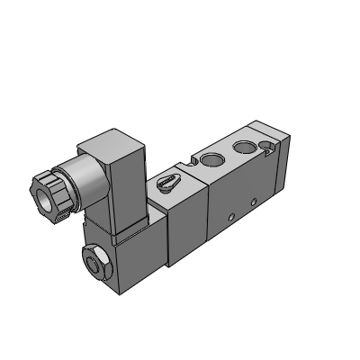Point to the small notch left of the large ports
pos(192,163)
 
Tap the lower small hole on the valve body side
pos(231,215)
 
